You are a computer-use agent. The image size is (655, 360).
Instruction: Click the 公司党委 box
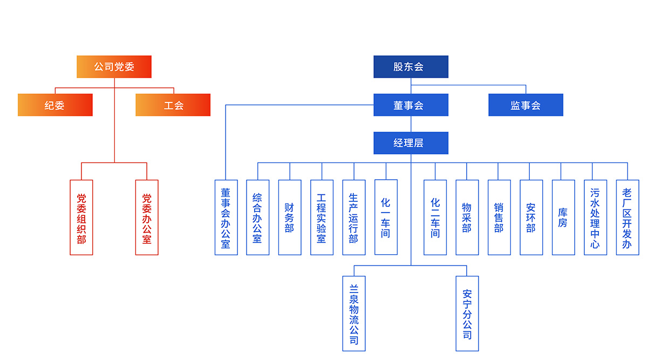click(x=114, y=67)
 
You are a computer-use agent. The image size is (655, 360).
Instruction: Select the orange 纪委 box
click(x=55, y=105)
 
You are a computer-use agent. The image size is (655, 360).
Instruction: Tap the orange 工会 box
click(x=173, y=105)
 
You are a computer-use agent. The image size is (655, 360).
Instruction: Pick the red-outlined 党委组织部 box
click(x=81, y=218)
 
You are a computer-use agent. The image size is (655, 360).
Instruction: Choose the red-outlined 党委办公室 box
click(x=147, y=218)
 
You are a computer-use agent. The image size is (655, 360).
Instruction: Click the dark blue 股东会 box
click(x=411, y=67)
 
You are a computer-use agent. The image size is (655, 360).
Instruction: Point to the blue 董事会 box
click(x=411, y=105)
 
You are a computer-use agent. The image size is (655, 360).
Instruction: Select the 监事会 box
click(x=526, y=105)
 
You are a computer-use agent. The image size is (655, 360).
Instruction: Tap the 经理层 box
click(x=411, y=143)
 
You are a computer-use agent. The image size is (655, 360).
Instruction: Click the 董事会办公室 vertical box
click(x=226, y=218)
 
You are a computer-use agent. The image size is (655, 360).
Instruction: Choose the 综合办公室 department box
click(x=258, y=218)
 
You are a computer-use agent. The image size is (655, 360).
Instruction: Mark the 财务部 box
click(x=290, y=218)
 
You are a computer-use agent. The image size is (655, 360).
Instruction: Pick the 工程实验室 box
click(x=322, y=218)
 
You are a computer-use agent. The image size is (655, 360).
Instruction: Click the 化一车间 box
click(x=386, y=218)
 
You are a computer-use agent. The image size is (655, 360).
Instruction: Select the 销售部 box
click(x=499, y=218)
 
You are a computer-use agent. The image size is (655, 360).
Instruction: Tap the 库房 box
click(x=563, y=218)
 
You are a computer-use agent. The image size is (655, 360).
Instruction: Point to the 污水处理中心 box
click(x=595, y=218)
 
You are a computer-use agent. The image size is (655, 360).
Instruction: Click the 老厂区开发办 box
click(x=627, y=218)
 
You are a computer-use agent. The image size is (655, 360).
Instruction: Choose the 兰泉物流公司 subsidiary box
click(x=354, y=314)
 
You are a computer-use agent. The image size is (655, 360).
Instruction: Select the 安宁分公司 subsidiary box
click(x=467, y=314)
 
